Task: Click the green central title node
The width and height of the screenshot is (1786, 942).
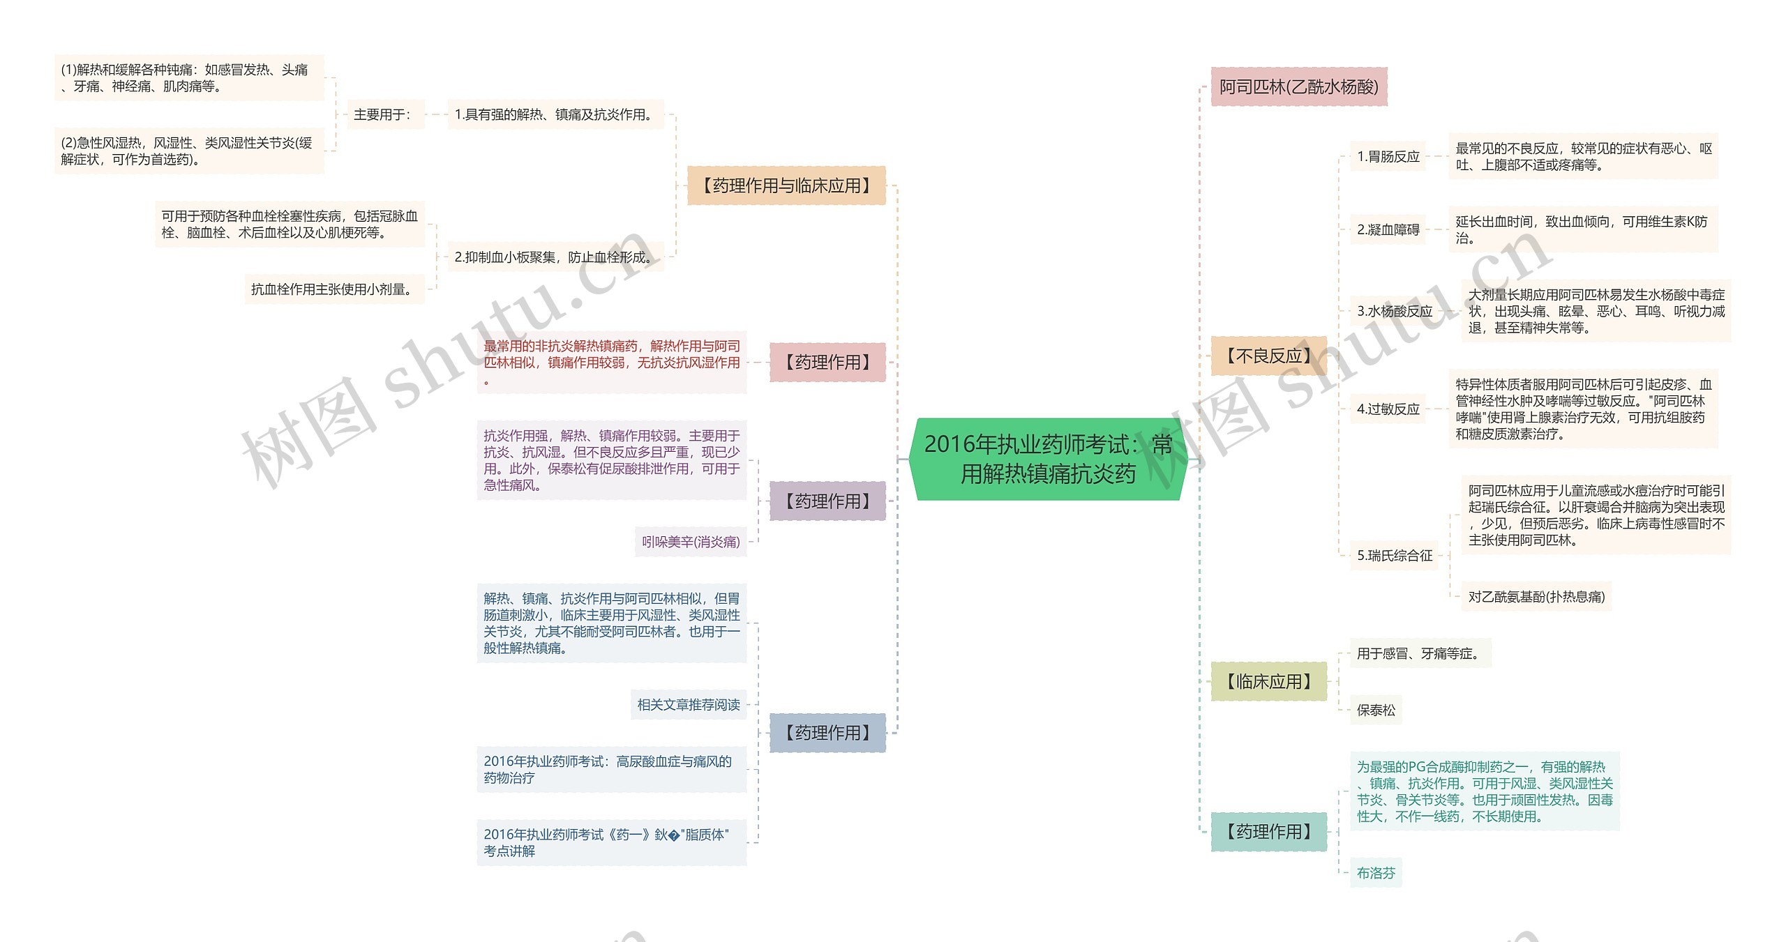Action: [x=1048, y=459]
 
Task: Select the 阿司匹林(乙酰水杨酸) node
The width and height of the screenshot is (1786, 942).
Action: [x=1298, y=86]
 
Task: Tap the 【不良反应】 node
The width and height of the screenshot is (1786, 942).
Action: [x=1268, y=356]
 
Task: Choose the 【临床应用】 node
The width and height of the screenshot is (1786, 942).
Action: [x=1268, y=681]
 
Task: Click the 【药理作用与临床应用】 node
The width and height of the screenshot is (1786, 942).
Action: [x=786, y=185]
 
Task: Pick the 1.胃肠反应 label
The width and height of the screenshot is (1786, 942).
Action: [x=1388, y=157]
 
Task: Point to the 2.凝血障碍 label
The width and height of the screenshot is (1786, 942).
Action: [x=1388, y=229]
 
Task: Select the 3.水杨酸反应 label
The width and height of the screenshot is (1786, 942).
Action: [x=1394, y=311]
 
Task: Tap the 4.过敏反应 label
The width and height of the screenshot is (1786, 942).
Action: [x=1388, y=409]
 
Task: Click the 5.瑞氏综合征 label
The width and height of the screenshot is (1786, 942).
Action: [x=1394, y=556]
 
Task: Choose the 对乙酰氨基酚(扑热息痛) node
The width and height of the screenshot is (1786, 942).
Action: [x=1536, y=597]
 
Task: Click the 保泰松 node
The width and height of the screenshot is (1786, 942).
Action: [x=1375, y=711]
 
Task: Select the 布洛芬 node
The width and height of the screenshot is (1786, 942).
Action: [x=1375, y=873]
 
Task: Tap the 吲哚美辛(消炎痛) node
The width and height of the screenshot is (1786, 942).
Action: [x=690, y=542]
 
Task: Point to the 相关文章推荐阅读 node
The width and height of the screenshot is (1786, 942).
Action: [x=688, y=705]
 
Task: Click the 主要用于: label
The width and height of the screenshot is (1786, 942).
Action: [x=382, y=114]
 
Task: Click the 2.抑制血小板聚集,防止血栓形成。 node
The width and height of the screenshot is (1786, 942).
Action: [x=555, y=257]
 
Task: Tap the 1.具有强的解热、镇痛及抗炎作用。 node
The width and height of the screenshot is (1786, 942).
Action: [x=555, y=114]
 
